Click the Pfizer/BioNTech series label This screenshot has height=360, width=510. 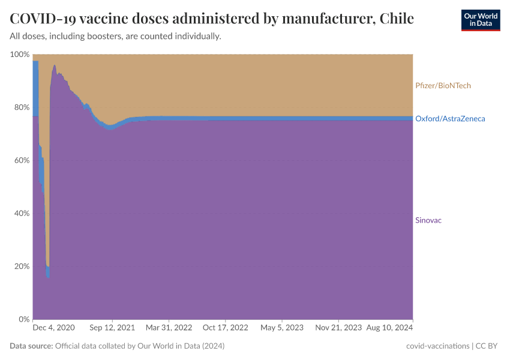(443, 86)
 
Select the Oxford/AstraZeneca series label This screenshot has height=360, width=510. (450, 119)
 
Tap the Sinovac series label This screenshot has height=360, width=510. (428, 220)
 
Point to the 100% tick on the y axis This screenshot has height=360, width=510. (20, 55)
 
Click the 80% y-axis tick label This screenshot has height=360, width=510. (21, 107)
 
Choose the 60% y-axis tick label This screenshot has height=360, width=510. (21, 160)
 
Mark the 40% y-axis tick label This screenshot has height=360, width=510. (21, 213)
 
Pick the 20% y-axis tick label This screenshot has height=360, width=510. (21, 266)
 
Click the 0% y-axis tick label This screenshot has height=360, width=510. (23, 319)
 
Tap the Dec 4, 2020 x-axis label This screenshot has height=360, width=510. (54, 328)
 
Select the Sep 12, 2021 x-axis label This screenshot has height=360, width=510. (112, 328)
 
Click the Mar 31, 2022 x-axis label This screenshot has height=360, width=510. (170, 328)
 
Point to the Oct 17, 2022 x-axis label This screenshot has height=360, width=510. (225, 328)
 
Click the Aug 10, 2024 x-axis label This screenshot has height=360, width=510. (390, 328)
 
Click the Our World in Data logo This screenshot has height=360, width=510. (480, 20)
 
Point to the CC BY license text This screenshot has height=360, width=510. (488, 346)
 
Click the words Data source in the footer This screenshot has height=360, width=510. (31, 346)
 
